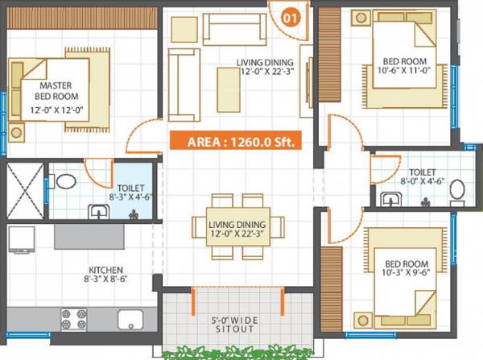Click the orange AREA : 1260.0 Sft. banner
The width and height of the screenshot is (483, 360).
233,141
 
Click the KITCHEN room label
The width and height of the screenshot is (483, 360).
106,270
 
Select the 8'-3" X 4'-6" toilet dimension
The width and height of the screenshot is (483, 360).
129,194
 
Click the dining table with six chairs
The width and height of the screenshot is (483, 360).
237,228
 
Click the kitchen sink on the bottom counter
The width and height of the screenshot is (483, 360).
130,320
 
